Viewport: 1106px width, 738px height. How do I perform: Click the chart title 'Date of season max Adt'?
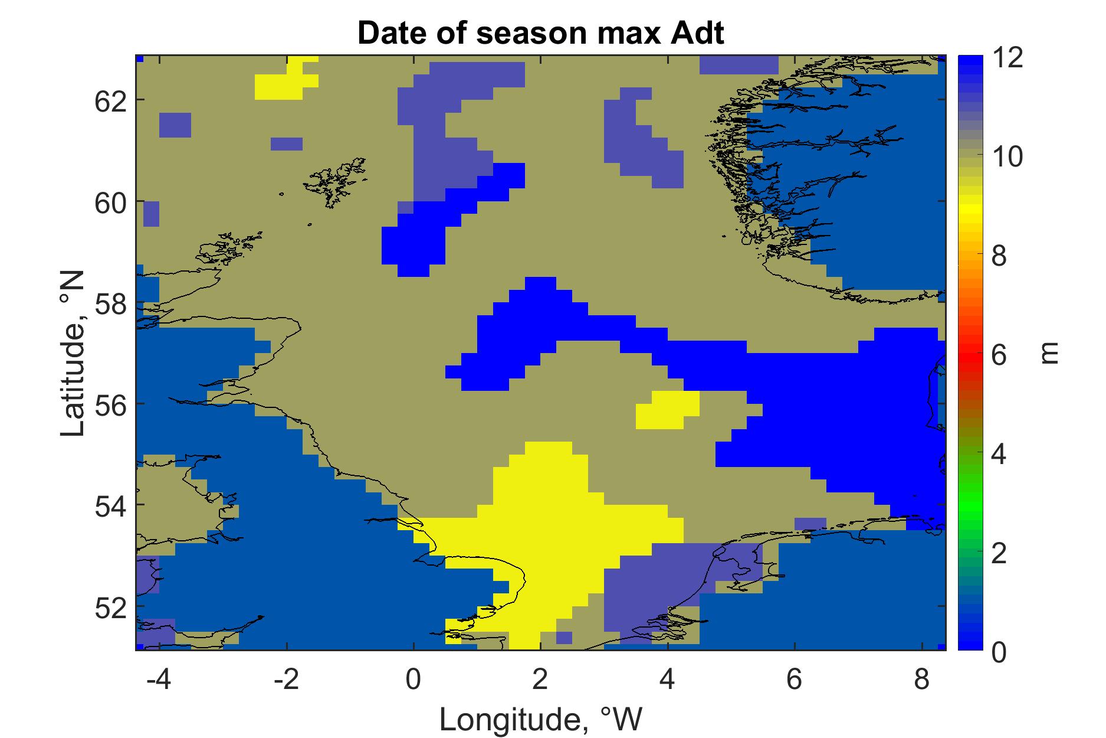point(540,34)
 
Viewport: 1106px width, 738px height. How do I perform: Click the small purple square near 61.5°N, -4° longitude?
point(175,125)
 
